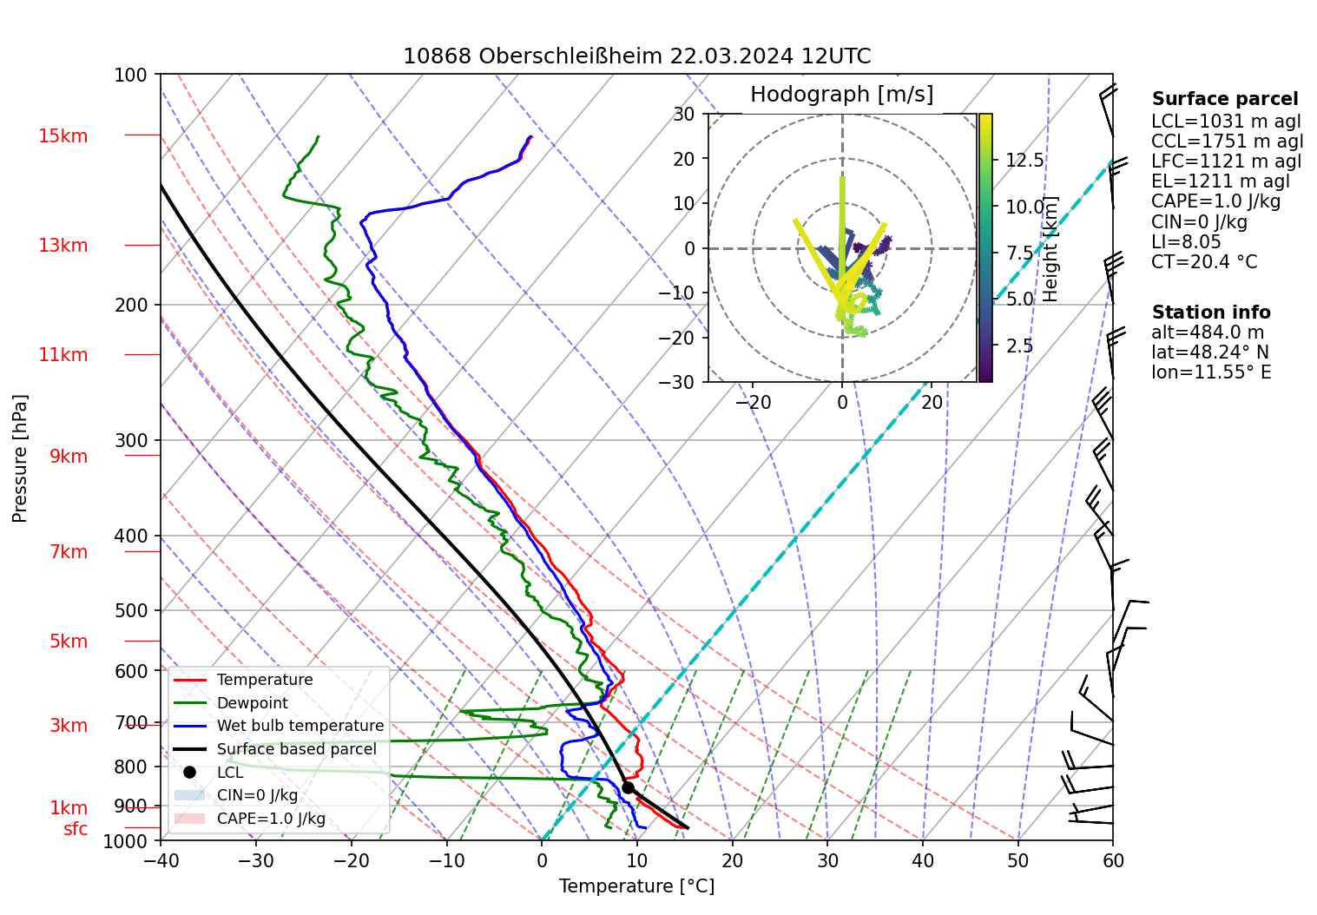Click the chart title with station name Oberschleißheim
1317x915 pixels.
[636, 56]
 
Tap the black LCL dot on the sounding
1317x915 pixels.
[628, 787]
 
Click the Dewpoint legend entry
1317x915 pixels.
[252, 703]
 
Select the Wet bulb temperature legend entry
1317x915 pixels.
[300, 726]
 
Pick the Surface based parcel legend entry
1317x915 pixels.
[296, 749]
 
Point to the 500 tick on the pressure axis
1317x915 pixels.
[131, 610]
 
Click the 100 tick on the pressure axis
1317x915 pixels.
[131, 76]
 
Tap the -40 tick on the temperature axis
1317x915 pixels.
[161, 860]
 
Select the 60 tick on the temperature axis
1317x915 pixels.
[1113, 860]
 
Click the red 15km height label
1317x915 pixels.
[63, 136]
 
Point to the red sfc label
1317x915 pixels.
[76, 829]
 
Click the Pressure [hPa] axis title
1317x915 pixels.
[20, 458]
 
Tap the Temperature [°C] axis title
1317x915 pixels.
[636, 886]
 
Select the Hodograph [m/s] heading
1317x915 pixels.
[841, 95]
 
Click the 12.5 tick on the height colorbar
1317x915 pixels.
[1024, 161]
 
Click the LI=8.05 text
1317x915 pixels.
[1186, 242]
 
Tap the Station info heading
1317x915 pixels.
[1211, 313]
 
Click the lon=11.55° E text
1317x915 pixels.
[1211, 372]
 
